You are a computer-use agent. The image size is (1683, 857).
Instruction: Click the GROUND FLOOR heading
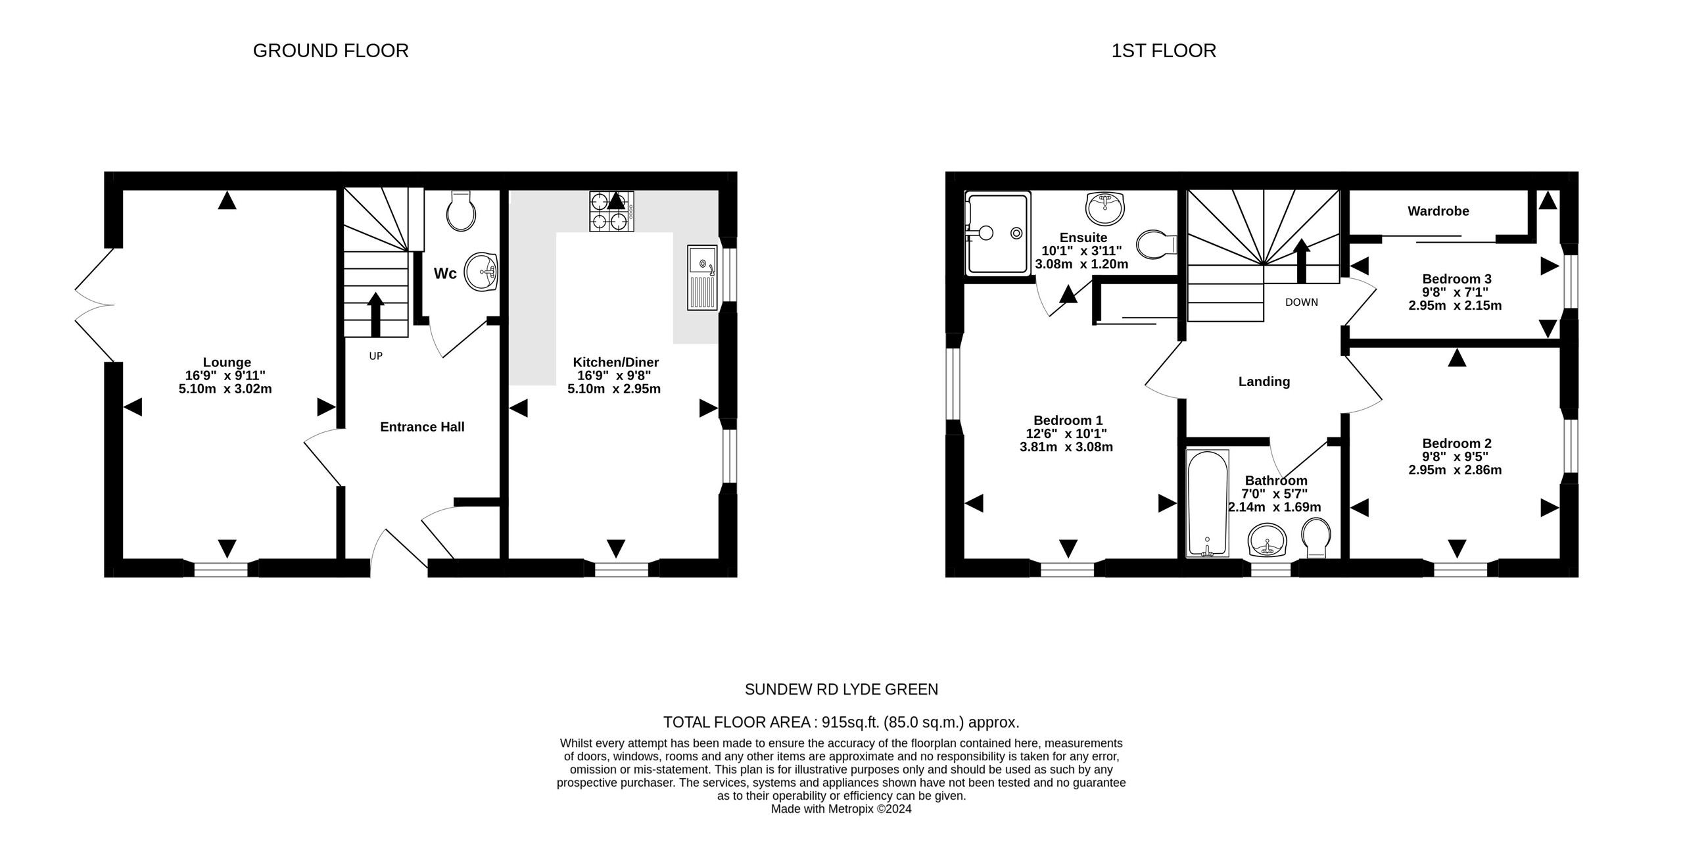(331, 51)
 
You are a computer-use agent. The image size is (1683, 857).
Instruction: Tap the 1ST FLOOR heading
(1163, 51)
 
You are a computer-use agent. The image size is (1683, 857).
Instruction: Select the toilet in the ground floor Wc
(461, 211)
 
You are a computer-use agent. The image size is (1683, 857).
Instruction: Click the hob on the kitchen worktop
(611, 211)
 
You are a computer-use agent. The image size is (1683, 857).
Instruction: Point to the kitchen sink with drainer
(702, 277)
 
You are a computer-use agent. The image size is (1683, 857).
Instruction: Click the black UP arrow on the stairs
(375, 314)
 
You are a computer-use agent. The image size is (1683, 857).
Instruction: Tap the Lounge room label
(227, 362)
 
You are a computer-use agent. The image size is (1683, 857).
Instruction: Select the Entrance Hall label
(422, 427)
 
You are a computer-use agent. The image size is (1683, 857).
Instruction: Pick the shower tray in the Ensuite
(997, 233)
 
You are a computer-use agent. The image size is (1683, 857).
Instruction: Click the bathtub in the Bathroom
(1207, 503)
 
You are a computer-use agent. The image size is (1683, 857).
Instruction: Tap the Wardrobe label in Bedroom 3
(1438, 211)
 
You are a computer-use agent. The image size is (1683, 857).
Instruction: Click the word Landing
(1264, 381)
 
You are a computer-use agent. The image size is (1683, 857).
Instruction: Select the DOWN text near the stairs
(1301, 303)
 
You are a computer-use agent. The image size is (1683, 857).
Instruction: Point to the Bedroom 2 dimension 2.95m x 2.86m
(1454, 470)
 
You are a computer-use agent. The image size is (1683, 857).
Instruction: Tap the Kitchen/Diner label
(615, 362)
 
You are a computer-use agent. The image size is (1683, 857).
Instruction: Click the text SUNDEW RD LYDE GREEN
(841, 689)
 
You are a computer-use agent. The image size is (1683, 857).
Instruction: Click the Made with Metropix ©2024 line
(841, 809)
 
